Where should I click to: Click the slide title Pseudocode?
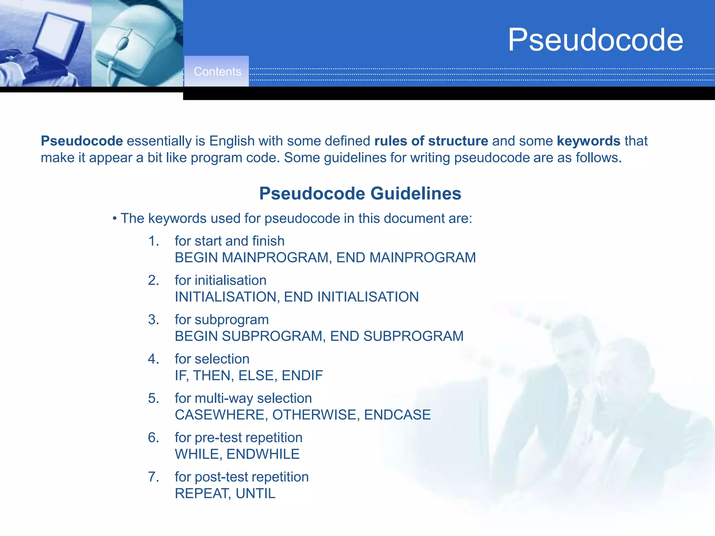595,40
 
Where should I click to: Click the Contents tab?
217,72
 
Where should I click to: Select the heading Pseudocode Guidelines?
360,193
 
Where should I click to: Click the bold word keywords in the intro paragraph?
588,141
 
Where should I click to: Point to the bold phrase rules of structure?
431,141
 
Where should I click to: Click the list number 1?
153,241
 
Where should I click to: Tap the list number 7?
153,477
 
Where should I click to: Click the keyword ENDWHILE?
263,454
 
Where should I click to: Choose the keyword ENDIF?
302,376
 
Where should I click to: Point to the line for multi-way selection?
243,399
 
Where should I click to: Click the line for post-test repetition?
242,477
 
